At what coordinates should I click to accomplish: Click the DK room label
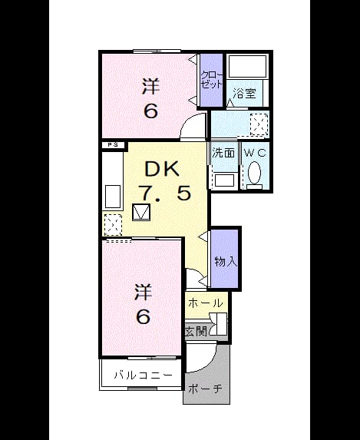click(161, 169)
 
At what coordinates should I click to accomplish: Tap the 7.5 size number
click(166, 193)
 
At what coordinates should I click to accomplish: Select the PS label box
click(113, 145)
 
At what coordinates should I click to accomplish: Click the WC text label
click(255, 153)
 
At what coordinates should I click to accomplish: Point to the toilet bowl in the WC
click(255, 173)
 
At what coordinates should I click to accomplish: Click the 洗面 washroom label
click(223, 153)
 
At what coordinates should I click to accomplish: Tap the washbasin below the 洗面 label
click(224, 180)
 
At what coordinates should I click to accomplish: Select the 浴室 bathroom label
click(244, 94)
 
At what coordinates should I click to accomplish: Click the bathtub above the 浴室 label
click(247, 66)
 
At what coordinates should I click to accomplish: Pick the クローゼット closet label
click(212, 80)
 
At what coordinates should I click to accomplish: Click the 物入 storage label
click(226, 262)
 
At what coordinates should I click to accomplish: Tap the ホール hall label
click(206, 303)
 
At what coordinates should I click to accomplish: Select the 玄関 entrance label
click(197, 332)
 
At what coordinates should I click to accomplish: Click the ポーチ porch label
click(205, 389)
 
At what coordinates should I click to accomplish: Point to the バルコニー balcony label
click(143, 375)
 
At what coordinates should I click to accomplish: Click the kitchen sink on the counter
click(113, 197)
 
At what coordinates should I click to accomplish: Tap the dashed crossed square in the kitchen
click(113, 224)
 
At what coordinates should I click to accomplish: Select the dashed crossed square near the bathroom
click(259, 124)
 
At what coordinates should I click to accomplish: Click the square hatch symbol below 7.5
click(141, 212)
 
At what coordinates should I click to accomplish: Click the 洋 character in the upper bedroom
click(151, 86)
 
